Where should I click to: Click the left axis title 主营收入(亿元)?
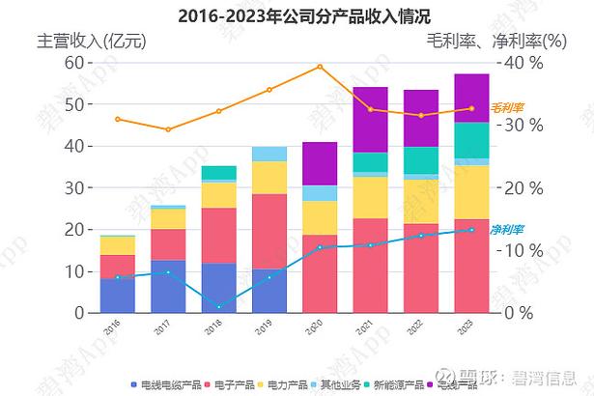click(91, 42)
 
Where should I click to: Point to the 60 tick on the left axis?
click(74, 62)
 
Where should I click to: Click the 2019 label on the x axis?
click(268, 327)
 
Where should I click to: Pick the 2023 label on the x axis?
click(470, 327)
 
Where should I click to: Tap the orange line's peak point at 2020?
click(320, 67)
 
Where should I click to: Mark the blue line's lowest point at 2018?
click(219, 307)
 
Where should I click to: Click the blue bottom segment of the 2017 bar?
click(168, 286)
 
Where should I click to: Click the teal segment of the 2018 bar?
click(219, 172)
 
